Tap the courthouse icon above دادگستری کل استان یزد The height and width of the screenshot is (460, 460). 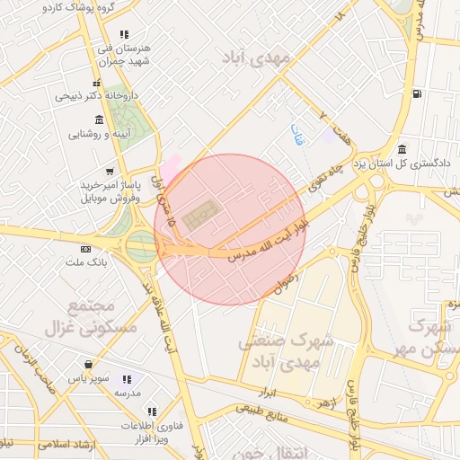402,149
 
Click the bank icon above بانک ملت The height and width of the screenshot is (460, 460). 85,248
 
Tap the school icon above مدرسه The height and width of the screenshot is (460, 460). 126,380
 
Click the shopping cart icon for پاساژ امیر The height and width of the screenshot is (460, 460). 110,171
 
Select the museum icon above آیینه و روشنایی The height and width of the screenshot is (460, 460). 98,119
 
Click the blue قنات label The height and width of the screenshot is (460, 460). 297,136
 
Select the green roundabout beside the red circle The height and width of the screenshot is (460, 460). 142,243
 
